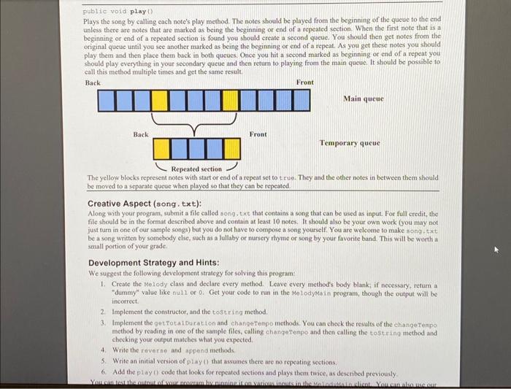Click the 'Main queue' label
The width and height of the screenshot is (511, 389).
363,98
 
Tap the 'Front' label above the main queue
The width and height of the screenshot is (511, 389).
304,82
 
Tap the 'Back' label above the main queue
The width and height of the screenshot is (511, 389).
93,82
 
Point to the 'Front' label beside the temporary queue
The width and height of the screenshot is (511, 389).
258,134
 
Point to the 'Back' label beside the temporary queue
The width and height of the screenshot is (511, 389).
141,134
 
